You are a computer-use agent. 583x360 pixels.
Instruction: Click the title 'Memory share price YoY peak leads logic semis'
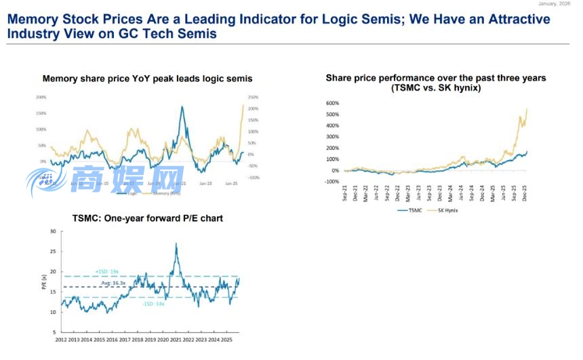(x=147, y=79)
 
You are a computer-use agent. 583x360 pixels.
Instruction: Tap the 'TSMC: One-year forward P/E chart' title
(x=147, y=218)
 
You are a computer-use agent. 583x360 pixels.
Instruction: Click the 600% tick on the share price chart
(x=332, y=104)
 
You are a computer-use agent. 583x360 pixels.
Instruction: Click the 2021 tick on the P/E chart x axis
(x=176, y=338)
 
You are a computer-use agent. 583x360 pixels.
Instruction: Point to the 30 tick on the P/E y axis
(x=53, y=232)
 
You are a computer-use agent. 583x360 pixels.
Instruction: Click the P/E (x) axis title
(x=44, y=282)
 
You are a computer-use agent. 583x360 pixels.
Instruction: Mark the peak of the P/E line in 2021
(x=176, y=243)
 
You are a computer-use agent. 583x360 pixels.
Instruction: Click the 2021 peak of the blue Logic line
(x=182, y=106)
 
